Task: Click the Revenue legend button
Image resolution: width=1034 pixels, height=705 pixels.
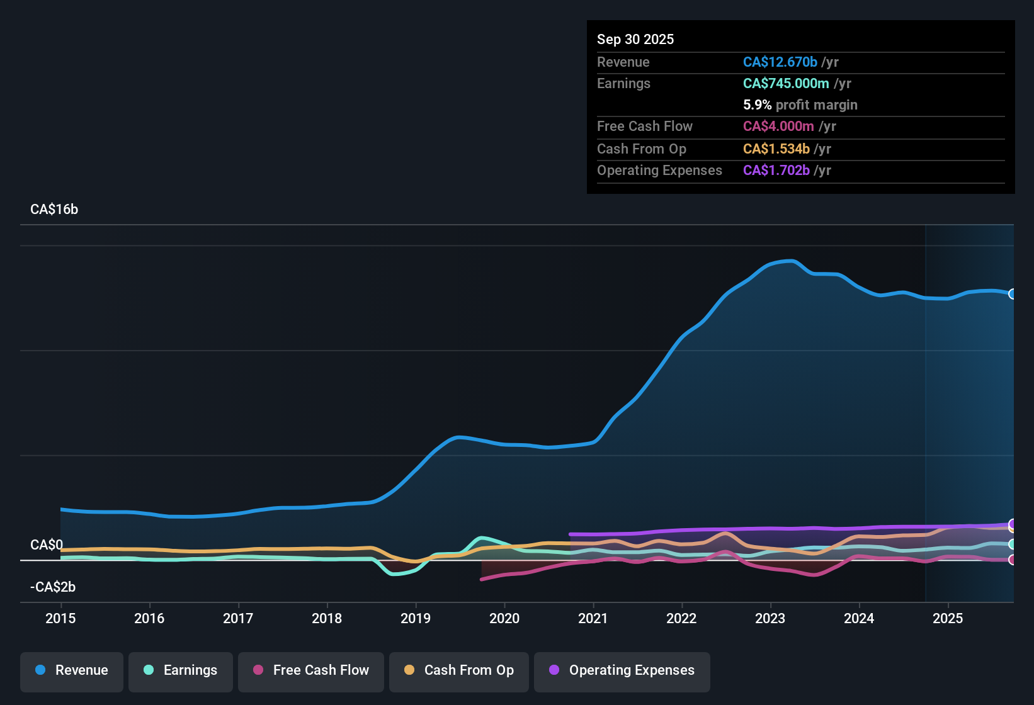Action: click(72, 670)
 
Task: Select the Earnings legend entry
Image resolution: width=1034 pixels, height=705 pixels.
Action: click(181, 670)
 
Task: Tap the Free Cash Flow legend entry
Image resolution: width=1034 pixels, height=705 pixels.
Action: click(311, 670)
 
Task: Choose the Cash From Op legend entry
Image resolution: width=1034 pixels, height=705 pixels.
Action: click(459, 670)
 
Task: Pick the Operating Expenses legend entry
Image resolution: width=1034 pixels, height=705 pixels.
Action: click(622, 670)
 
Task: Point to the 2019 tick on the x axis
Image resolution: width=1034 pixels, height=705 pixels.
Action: click(416, 618)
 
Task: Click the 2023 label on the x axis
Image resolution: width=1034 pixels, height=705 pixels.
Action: click(770, 618)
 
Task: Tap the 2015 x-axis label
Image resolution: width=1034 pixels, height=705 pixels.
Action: click(60, 618)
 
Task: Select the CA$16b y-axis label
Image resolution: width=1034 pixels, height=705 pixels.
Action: click(54, 210)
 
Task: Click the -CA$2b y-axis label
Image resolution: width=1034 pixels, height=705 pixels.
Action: click(53, 587)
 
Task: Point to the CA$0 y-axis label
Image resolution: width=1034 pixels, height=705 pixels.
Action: click(47, 545)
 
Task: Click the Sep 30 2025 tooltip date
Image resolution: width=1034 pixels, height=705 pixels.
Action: click(635, 40)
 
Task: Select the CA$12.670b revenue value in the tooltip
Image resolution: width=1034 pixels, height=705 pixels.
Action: click(780, 62)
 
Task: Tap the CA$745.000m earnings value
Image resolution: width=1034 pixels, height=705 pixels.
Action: click(786, 84)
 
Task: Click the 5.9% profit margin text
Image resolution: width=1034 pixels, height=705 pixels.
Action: click(800, 105)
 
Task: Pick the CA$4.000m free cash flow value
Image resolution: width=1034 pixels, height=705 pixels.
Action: click(778, 127)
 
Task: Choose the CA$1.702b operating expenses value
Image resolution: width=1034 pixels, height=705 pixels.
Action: click(776, 171)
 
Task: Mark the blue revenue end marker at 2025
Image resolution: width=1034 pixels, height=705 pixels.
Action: click(1012, 294)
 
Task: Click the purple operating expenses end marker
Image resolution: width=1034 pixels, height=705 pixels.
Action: click(1012, 524)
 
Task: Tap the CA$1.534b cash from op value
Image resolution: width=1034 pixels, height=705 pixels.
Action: click(776, 149)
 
